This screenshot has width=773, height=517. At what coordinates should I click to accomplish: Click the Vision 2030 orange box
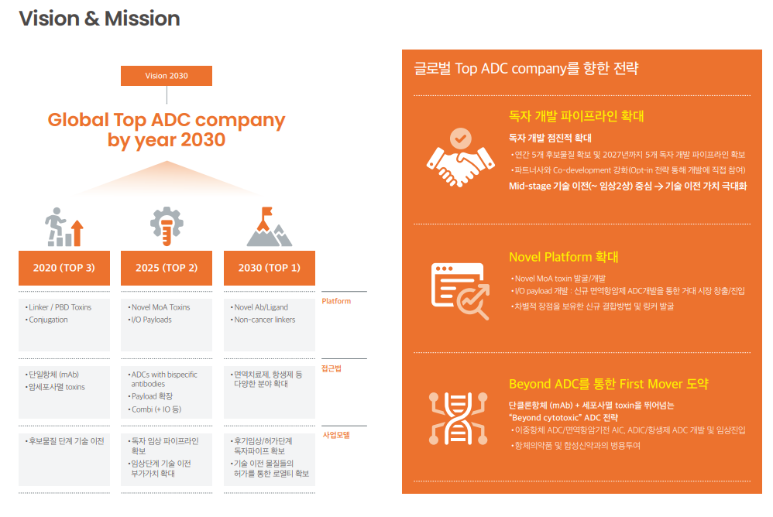(167, 76)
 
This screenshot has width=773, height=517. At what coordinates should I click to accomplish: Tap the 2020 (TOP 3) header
(64, 268)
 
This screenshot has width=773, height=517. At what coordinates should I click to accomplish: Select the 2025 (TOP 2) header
(167, 268)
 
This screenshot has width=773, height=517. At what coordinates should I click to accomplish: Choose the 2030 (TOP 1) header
(270, 268)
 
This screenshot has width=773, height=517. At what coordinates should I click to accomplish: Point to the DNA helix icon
(458, 419)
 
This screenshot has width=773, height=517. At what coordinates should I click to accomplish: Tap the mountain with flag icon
(270, 227)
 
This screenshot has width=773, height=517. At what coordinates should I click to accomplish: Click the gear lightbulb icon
(167, 226)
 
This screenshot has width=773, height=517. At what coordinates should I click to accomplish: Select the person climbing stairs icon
(64, 227)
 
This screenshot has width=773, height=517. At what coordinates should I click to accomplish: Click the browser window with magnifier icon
(460, 291)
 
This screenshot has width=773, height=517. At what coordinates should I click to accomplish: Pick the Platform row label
(336, 301)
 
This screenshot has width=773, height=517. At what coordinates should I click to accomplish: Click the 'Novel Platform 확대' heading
(563, 257)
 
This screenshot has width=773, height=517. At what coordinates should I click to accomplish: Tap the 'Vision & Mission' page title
(100, 19)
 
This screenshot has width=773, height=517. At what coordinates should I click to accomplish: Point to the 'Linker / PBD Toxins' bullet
(58, 307)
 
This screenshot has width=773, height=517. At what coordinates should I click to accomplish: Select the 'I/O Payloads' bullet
(149, 320)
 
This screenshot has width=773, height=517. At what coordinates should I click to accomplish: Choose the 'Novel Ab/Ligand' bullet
(259, 307)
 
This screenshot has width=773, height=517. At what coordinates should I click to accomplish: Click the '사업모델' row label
(336, 435)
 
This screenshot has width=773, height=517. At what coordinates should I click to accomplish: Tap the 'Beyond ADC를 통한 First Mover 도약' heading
(608, 384)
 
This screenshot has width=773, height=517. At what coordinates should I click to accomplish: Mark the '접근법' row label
(332, 368)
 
